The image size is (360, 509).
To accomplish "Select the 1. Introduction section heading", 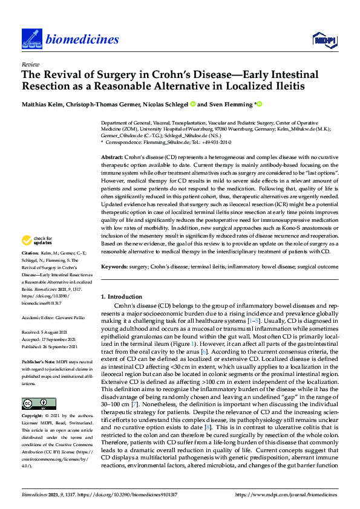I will click(122, 297).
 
